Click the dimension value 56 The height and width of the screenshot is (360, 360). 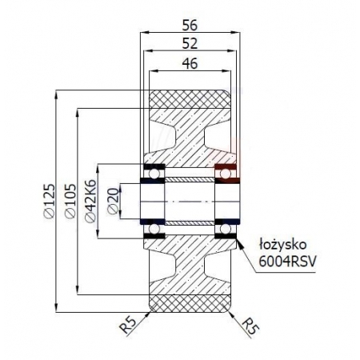tap(190, 24)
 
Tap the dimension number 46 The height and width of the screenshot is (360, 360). tap(190, 65)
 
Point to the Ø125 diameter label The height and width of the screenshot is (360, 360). tap(49, 200)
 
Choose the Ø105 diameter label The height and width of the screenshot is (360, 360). tap(70, 200)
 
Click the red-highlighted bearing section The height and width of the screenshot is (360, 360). tap(226, 170)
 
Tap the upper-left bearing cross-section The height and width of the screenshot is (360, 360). tap(152, 170)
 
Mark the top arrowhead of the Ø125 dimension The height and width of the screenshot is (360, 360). tap(57, 92)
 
